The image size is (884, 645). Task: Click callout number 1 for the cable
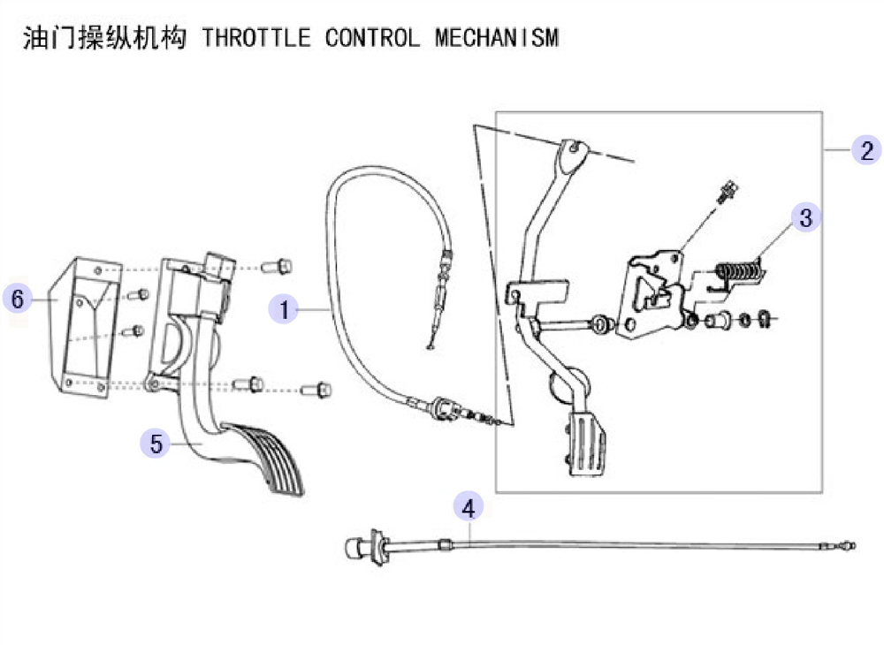click(284, 308)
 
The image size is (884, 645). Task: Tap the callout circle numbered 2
click(866, 150)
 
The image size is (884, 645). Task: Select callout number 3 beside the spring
click(805, 217)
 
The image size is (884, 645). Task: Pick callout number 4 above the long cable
click(469, 507)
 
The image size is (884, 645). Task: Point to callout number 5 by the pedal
click(156, 443)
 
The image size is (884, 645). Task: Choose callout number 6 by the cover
click(18, 298)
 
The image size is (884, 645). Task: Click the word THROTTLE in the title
click(256, 38)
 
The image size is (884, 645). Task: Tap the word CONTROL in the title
click(372, 38)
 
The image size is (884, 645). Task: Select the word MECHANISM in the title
click(497, 38)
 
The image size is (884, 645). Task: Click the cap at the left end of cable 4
click(354, 547)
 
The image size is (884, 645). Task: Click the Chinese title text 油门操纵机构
click(104, 38)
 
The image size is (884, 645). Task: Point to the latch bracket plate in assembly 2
click(654, 295)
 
